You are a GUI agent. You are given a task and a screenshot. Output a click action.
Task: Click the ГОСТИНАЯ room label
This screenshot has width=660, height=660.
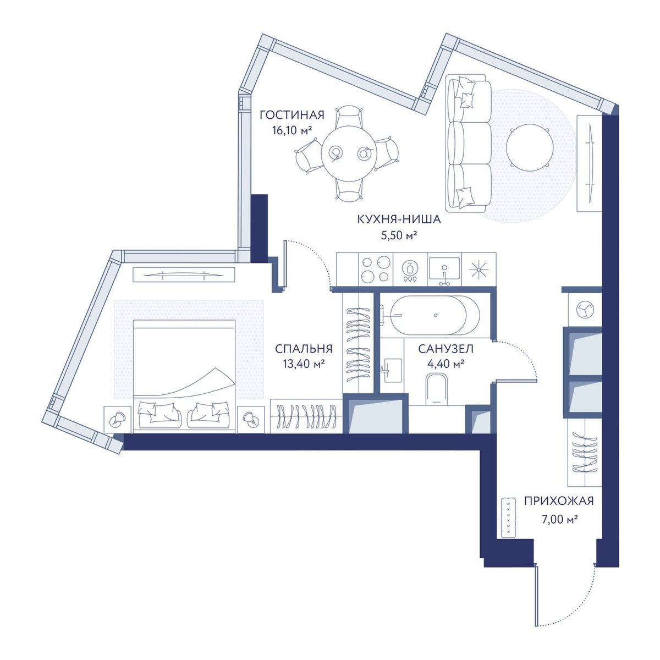click(291, 115)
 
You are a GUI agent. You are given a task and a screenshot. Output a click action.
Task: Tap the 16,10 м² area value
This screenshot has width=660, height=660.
click(292, 130)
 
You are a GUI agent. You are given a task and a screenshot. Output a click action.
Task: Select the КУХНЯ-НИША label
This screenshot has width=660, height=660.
click(399, 219)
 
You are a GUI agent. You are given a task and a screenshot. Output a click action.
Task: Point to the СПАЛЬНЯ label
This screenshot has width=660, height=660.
click(304, 349)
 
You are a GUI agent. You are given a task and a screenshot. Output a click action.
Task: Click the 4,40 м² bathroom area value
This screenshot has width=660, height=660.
click(446, 364)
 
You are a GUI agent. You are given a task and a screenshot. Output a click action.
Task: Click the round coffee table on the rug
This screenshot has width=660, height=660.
click(529, 150)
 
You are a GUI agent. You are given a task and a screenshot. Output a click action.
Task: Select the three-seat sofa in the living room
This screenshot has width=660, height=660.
click(469, 142)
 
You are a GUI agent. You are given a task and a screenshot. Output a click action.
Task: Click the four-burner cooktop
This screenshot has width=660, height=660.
click(376, 269)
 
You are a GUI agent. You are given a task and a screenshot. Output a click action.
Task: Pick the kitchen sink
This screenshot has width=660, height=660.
click(444, 269)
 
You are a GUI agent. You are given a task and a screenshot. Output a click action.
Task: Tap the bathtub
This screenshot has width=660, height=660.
click(435, 316)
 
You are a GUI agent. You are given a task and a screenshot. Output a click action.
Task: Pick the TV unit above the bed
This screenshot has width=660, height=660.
click(184, 274)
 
